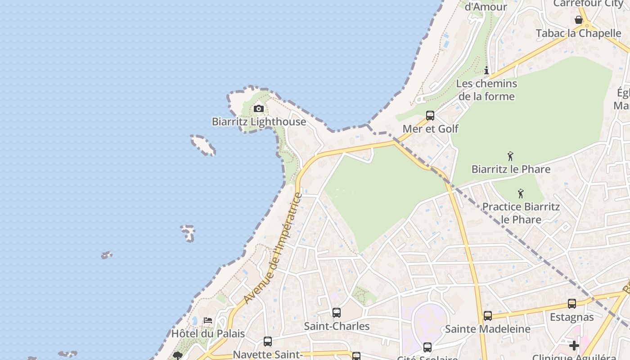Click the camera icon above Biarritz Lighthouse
coord(258,108)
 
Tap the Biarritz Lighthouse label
coord(259,121)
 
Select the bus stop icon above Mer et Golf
coord(430,116)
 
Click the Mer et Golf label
coord(430,129)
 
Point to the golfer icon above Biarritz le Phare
coord(510,156)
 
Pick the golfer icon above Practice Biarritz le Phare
coord(521,193)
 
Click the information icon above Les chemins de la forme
coord(486,70)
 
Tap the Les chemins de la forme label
coord(486,90)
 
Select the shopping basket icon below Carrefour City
coord(579,20)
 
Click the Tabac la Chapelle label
coord(578,33)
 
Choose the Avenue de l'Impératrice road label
coord(273,248)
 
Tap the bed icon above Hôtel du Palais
coord(208,320)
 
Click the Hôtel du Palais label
coord(208,333)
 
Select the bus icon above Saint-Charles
coord(337,313)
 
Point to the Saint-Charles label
coord(337,326)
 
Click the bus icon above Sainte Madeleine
coord(488,316)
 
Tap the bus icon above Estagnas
coord(572,304)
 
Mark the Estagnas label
coord(571,317)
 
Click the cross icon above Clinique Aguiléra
coord(574,346)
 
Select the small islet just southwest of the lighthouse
coord(203,145)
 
